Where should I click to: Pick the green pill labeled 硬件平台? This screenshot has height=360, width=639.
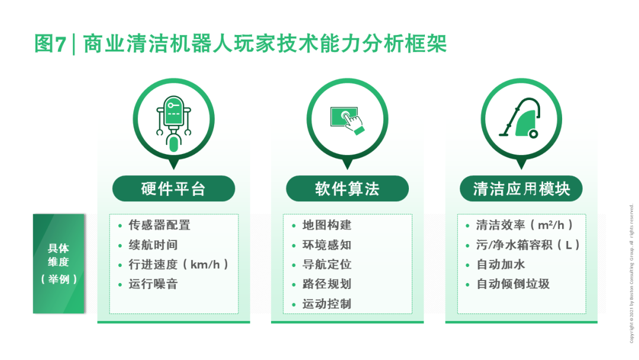(x=173, y=189)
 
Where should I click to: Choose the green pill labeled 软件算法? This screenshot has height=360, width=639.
(x=347, y=189)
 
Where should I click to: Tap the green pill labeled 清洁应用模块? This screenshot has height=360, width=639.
(x=521, y=189)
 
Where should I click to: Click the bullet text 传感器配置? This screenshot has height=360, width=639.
(x=160, y=225)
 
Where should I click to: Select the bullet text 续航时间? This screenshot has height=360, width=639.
(x=153, y=245)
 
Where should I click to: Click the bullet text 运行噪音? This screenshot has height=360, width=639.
(x=153, y=284)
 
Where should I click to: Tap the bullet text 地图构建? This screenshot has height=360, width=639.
(x=327, y=225)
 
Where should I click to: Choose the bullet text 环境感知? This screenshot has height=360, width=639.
(x=327, y=245)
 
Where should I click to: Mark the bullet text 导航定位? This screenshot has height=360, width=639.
(x=327, y=264)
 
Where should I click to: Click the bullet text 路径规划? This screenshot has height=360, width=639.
(x=327, y=284)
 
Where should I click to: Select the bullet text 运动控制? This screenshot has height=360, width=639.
(x=327, y=304)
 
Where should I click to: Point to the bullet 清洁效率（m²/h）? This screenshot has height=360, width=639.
(x=525, y=225)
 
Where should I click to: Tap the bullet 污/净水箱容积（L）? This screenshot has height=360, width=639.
(x=528, y=245)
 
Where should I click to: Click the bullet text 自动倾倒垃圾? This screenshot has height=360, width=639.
(x=513, y=284)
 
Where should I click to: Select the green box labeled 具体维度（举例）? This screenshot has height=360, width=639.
(x=59, y=263)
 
